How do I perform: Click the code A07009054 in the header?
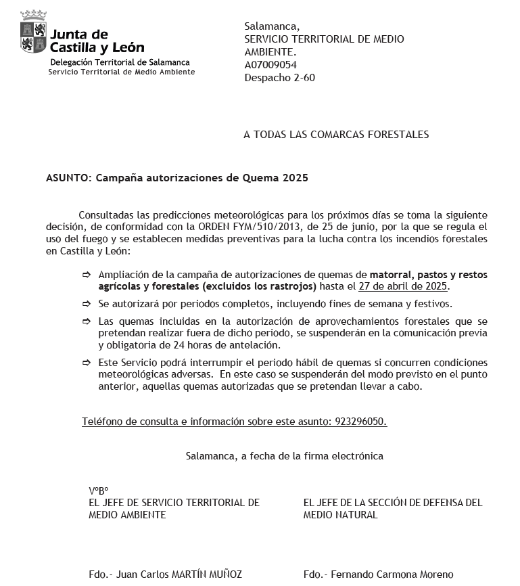(x=270, y=65)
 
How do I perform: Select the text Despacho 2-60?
(x=279, y=78)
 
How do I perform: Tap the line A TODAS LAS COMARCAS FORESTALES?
(x=336, y=135)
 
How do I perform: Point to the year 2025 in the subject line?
(x=296, y=179)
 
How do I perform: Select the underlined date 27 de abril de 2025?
(x=403, y=287)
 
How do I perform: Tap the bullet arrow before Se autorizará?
(x=86, y=304)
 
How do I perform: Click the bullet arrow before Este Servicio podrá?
(x=86, y=363)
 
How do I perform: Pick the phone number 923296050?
(x=360, y=422)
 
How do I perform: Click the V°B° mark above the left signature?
(x=98, y=491)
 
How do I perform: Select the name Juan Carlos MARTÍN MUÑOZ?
(x=179, y=574)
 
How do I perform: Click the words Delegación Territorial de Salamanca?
(x=120, y=62)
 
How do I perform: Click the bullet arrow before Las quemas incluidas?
(x=86, y=321)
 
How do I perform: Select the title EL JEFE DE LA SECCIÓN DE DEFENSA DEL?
(x=393, y=503)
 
